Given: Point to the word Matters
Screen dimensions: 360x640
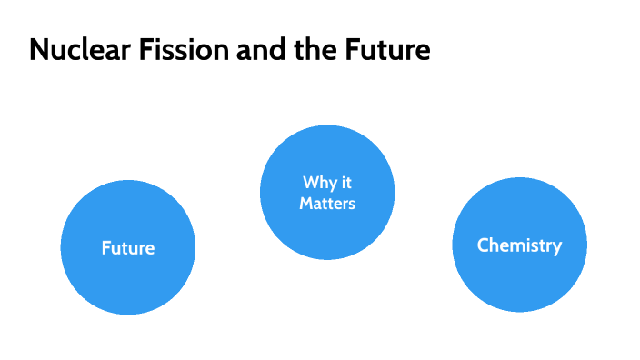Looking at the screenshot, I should click(x=327, y=203).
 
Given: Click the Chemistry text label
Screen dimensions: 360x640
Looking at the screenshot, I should click(x=519, y=245).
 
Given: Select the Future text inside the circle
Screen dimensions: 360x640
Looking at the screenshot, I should click(x=128, y=247).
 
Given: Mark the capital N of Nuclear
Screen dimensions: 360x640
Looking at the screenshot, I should click(x=38, y=51).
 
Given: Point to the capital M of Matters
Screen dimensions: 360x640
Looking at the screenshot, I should click(x=305, y=203).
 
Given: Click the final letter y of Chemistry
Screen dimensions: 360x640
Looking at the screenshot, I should click(x=556, y=247).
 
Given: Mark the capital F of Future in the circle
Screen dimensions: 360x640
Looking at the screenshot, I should click(x=105, y=247).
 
